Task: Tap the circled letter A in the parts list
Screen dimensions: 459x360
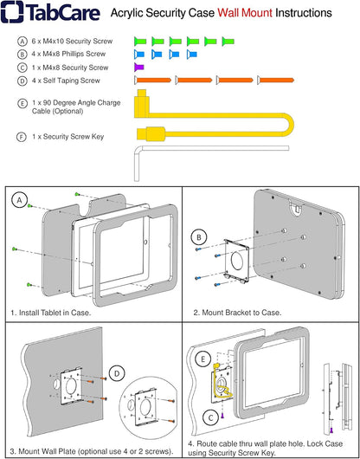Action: [x=21, y=41]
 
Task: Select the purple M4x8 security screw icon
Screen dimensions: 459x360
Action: [x=139, y=67]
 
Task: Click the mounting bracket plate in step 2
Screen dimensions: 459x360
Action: [x=232, y=259]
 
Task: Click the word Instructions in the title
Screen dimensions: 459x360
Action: [x=306, y=15]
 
